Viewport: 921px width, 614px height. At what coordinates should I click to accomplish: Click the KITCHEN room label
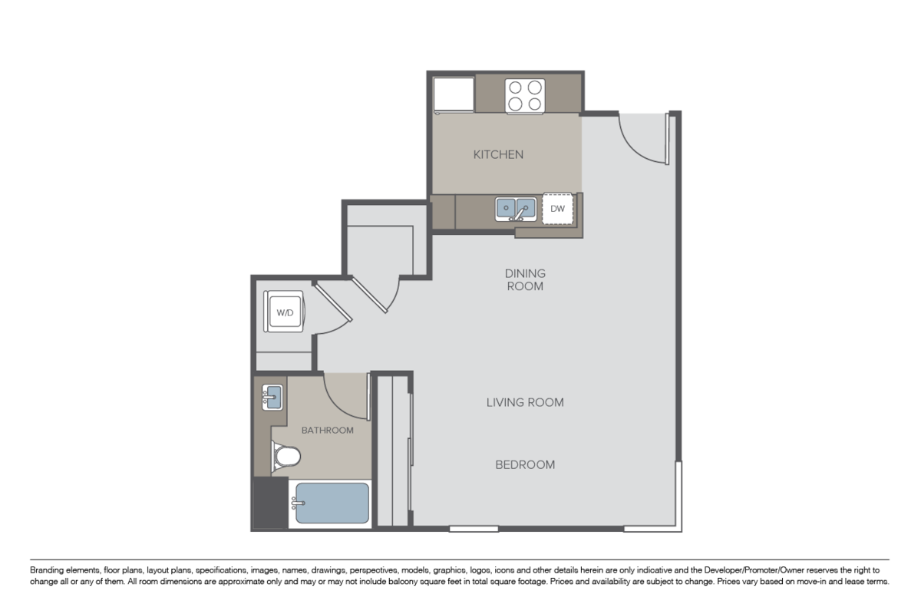coord(498,154)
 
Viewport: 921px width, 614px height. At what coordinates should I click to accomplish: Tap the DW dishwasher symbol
coord(558,208)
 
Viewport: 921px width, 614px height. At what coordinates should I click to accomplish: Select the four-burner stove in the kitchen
coord(524,96)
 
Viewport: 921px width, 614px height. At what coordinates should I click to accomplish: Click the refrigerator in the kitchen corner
coord(454,94)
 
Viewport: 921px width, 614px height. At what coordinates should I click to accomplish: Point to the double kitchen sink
coord(515,208)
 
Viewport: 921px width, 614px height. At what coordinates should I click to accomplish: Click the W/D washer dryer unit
coord(285,312)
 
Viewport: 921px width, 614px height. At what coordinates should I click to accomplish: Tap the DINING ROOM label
coord(525,280)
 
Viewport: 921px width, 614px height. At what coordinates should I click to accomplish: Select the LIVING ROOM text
coord(525,402)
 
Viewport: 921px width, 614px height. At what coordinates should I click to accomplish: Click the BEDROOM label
coord(525,465)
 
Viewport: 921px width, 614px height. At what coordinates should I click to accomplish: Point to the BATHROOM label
coord(327,431)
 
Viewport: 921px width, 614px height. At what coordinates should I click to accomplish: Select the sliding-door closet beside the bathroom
coord(392,450)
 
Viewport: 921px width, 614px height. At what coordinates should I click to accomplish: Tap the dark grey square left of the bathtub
coord(269,503)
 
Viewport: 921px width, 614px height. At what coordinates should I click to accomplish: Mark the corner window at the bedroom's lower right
coord(678,499)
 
